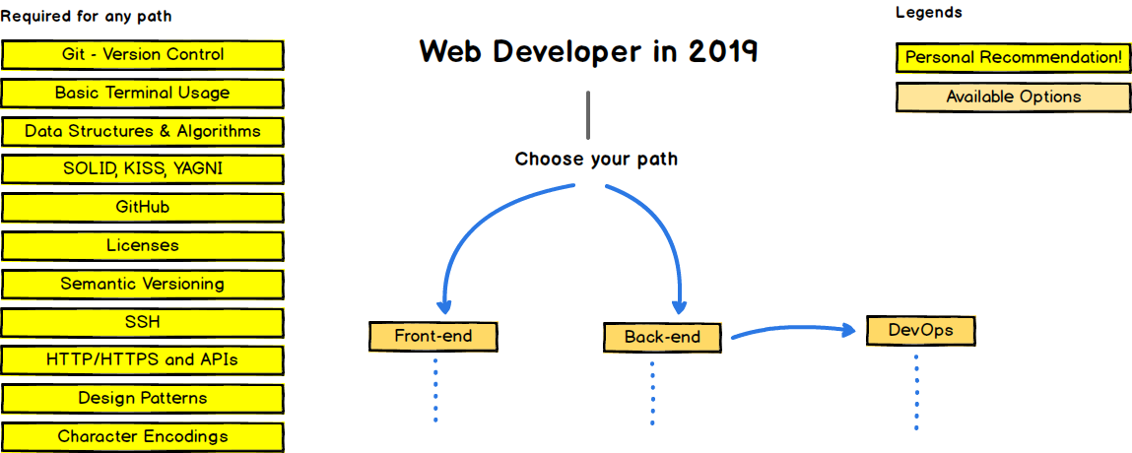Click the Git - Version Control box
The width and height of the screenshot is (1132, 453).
point(143,55)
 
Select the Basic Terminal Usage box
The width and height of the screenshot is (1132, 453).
point(143,94)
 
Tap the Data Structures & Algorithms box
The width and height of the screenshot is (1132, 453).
point(143,131)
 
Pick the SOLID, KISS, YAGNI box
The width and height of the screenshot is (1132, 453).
point(143,169)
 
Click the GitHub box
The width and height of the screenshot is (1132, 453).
point(143,208)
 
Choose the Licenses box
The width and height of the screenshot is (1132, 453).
point(143,245)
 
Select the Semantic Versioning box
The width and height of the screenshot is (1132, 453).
point(143,284)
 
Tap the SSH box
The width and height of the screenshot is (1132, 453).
point(143,322)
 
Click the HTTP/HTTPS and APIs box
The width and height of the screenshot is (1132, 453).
point(143,360)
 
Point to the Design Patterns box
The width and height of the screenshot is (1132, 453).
point(143,399)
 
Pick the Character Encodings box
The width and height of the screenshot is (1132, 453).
point(143,436)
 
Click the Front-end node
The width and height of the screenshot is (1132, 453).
point(433,337)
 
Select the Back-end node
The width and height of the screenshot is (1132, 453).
point(662,338)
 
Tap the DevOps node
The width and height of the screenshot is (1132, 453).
point(920,331)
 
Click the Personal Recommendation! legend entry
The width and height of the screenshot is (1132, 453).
point(1013,58)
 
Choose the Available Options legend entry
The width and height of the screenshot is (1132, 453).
point(1013,97)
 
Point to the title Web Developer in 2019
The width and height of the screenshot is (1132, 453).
point(588,51)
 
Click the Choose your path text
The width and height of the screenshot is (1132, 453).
point(596,159)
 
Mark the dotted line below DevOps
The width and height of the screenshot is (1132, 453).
point(916,392)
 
